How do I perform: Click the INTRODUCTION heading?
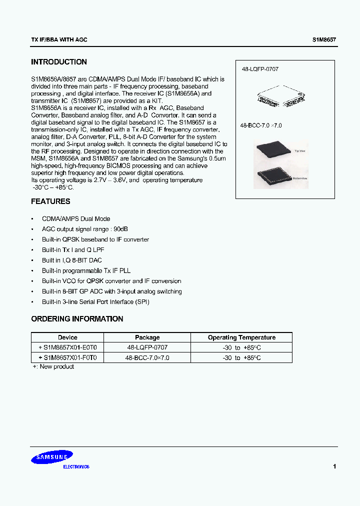[x=58, y=62]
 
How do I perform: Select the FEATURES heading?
[x=50, y=201]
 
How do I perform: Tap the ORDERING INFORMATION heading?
[x=77, y=318]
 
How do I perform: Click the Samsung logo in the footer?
[x=52, y=456]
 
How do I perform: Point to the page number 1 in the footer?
[x=334, y=466]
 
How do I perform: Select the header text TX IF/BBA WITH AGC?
[x=59, y=39]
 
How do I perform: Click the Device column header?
[x=67, y=337]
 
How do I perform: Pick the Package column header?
[x=147, y=337]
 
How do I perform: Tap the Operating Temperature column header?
[x=241, y=337]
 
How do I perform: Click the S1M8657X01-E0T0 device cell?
[x=70, y=347]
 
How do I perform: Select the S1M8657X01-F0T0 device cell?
[x=70, y=357]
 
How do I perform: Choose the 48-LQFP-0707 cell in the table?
[x=147, y=347]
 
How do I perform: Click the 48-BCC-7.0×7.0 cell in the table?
[x=147, y=357]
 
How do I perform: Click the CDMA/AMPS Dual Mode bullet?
[x=76, y=218]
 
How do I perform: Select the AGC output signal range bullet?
[x=84, y=229]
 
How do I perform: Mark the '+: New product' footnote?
[x=53, y=366]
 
